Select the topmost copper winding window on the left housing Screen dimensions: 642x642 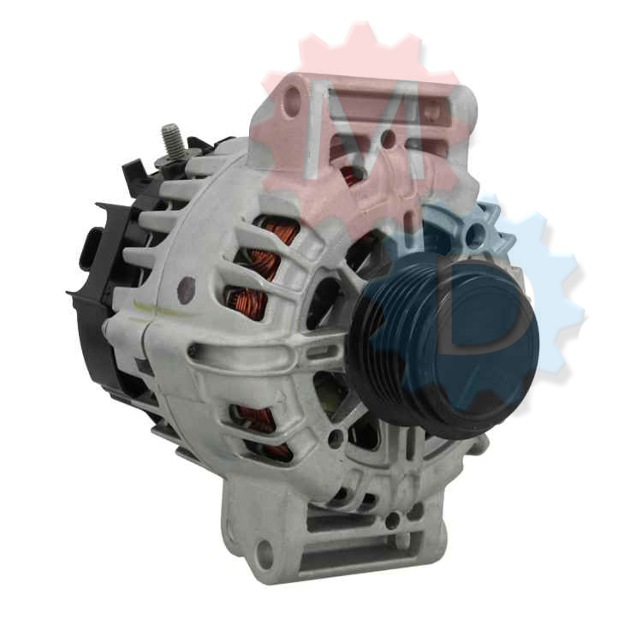click(x=278, y=230)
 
